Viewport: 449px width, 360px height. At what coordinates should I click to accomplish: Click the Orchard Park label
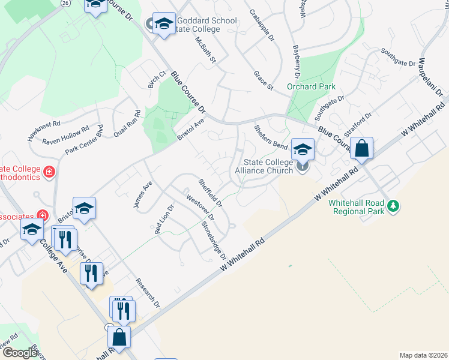click(311, 86)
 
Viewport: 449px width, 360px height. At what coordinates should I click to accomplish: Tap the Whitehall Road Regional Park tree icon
click(393, 206)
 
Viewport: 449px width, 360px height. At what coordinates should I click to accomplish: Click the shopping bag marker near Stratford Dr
click(362, 149)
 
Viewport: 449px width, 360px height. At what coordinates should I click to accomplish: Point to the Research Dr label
click(147, 292)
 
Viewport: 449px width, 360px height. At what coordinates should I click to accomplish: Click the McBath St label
click(205, 49)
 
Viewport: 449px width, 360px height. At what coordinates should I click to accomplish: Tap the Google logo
click(20, 353)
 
